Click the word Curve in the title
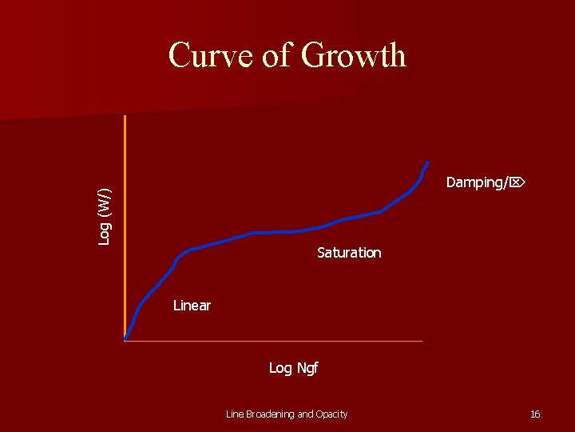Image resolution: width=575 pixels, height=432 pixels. pyautogui.click(x=211, y=56)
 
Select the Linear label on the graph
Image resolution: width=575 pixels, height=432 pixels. pyautogui.click(x=192, y=306)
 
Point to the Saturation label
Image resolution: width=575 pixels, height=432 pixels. pyautogui.click(x=349, y=253)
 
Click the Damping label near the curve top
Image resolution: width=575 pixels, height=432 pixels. pyautogui.click(x=476, y=182)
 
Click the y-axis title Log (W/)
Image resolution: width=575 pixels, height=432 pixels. pyautogui.click(x=105, y=216)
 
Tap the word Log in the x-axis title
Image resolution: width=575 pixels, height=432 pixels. pyautogui.click(x=280, y=368)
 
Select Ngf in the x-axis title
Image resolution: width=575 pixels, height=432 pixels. pyautogui.click(x=307, y=368)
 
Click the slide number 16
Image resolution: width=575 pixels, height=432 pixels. pyautogui.click(x=535, y=414)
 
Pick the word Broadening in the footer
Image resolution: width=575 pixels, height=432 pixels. pyautogui.click(x=270, y=414)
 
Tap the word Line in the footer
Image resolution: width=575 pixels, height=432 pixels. pyautogui.click(x=235, y=414)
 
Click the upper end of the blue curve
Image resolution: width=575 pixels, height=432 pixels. pyautogui.click(x=427, y=163)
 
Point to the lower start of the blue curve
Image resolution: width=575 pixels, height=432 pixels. pyautogui.click(x=126, y=338)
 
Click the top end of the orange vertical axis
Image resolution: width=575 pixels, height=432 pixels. pyautogui.click(x=125, y=117)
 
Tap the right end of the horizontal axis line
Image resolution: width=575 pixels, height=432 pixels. pyautogui.click(x=421, y=342)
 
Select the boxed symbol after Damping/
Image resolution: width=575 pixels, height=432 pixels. pyautogui.click(x=516, y=182)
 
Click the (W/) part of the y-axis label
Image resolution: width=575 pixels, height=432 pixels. pyautogui.click(x=105, y=201)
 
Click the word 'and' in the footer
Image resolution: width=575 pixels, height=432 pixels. pyautogui.click(x=305, y=414)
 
